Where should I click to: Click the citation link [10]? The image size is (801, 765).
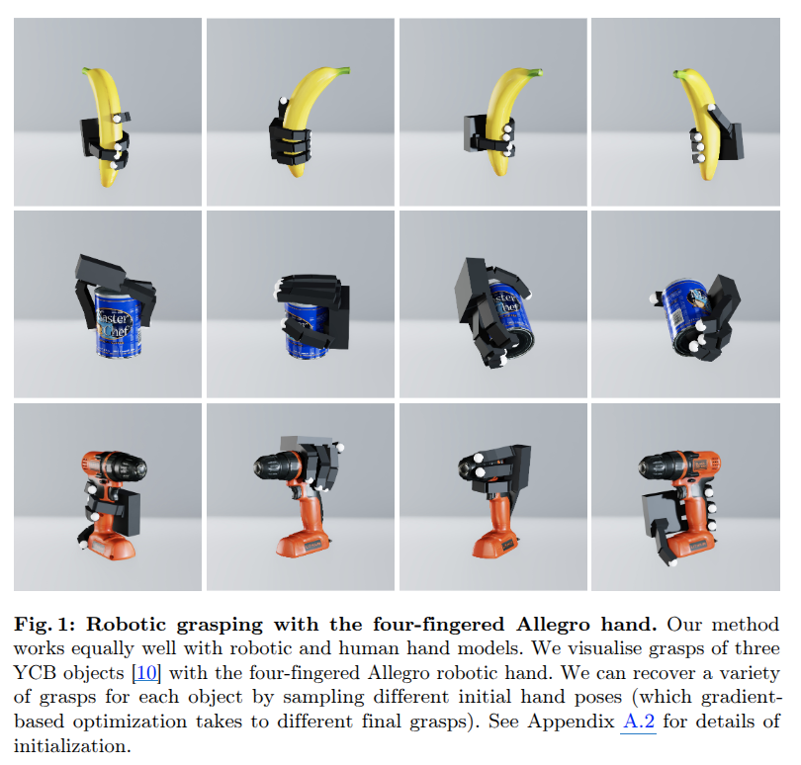[x=146, y=672]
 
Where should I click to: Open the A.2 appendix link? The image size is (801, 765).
[x=639, y=722]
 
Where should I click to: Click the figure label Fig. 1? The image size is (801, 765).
[x=44, y=624]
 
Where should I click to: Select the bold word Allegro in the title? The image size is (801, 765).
[x=553, y=625]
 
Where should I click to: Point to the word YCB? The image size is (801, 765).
[x=35, y=672]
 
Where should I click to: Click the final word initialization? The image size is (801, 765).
[x=72, y=745]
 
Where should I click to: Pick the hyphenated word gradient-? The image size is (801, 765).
[x=742, y=698]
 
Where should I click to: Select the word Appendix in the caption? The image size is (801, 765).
[x=571, y=722]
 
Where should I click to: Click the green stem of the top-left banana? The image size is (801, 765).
[x=88, y=70]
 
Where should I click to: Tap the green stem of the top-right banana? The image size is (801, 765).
[x=679, y=74]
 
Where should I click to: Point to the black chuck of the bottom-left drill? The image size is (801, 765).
[x=129, y=467]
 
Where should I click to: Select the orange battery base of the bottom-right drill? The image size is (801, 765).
[x=689, y=546]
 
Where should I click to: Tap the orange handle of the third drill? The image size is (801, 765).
[x=499, y=516]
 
